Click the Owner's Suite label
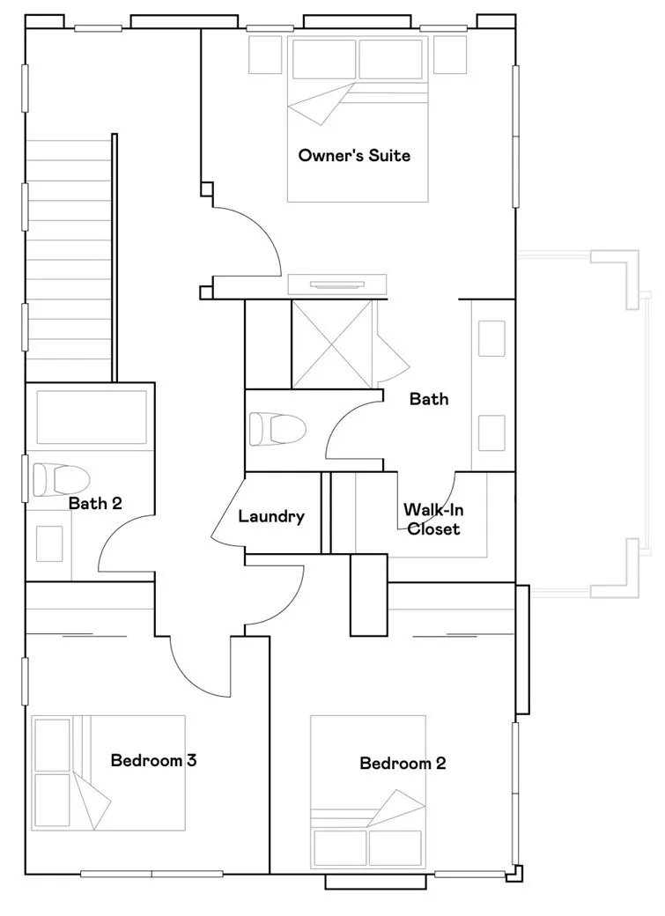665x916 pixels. point(354,156)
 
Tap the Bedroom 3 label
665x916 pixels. point(153,760)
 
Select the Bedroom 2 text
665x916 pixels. point(403,763)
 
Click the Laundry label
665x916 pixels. point(271,517)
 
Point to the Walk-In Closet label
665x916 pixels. point(432,519)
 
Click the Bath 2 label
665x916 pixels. point(95,504)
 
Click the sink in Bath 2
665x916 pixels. point(49,543)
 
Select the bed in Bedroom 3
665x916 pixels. point(108,772)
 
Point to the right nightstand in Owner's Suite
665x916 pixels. point(450,54)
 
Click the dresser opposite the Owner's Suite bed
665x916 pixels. point(336,284)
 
